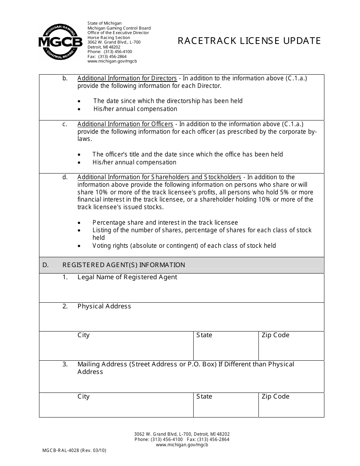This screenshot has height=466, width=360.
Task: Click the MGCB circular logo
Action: tap(60, 41)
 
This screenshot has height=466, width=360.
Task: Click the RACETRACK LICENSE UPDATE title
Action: tap(249, 41)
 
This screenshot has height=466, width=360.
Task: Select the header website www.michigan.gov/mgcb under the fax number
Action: tap(112, 61)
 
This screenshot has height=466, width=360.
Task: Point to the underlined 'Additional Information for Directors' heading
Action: tap(127, 78)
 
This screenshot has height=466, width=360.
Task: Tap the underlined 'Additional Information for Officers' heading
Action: tap(125, 124)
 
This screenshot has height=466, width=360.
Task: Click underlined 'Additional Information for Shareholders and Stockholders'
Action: tap(159, 177)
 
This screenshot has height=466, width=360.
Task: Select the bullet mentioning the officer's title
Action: tap(188, 155)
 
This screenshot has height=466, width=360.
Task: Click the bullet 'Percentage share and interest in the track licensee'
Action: tap(165, 223)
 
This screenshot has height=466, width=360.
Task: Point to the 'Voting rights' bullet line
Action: tap(184, 246)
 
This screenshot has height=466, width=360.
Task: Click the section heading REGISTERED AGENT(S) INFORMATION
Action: tap(124, 265)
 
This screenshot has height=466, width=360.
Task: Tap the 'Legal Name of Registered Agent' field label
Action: tap(127, 277)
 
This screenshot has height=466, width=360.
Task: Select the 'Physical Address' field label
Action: tap(104, 306)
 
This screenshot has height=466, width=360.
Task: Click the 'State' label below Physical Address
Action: tap(204, 335)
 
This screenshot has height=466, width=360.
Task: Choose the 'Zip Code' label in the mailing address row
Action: tap(275, 397)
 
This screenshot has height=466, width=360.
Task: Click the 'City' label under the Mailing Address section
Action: tap(83, 397)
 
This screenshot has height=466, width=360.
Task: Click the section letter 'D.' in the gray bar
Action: tap(45, 265)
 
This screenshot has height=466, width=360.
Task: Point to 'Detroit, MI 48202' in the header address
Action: tap(104, 47)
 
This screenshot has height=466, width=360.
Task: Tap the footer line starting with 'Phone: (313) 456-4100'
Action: tap(182, 439)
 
